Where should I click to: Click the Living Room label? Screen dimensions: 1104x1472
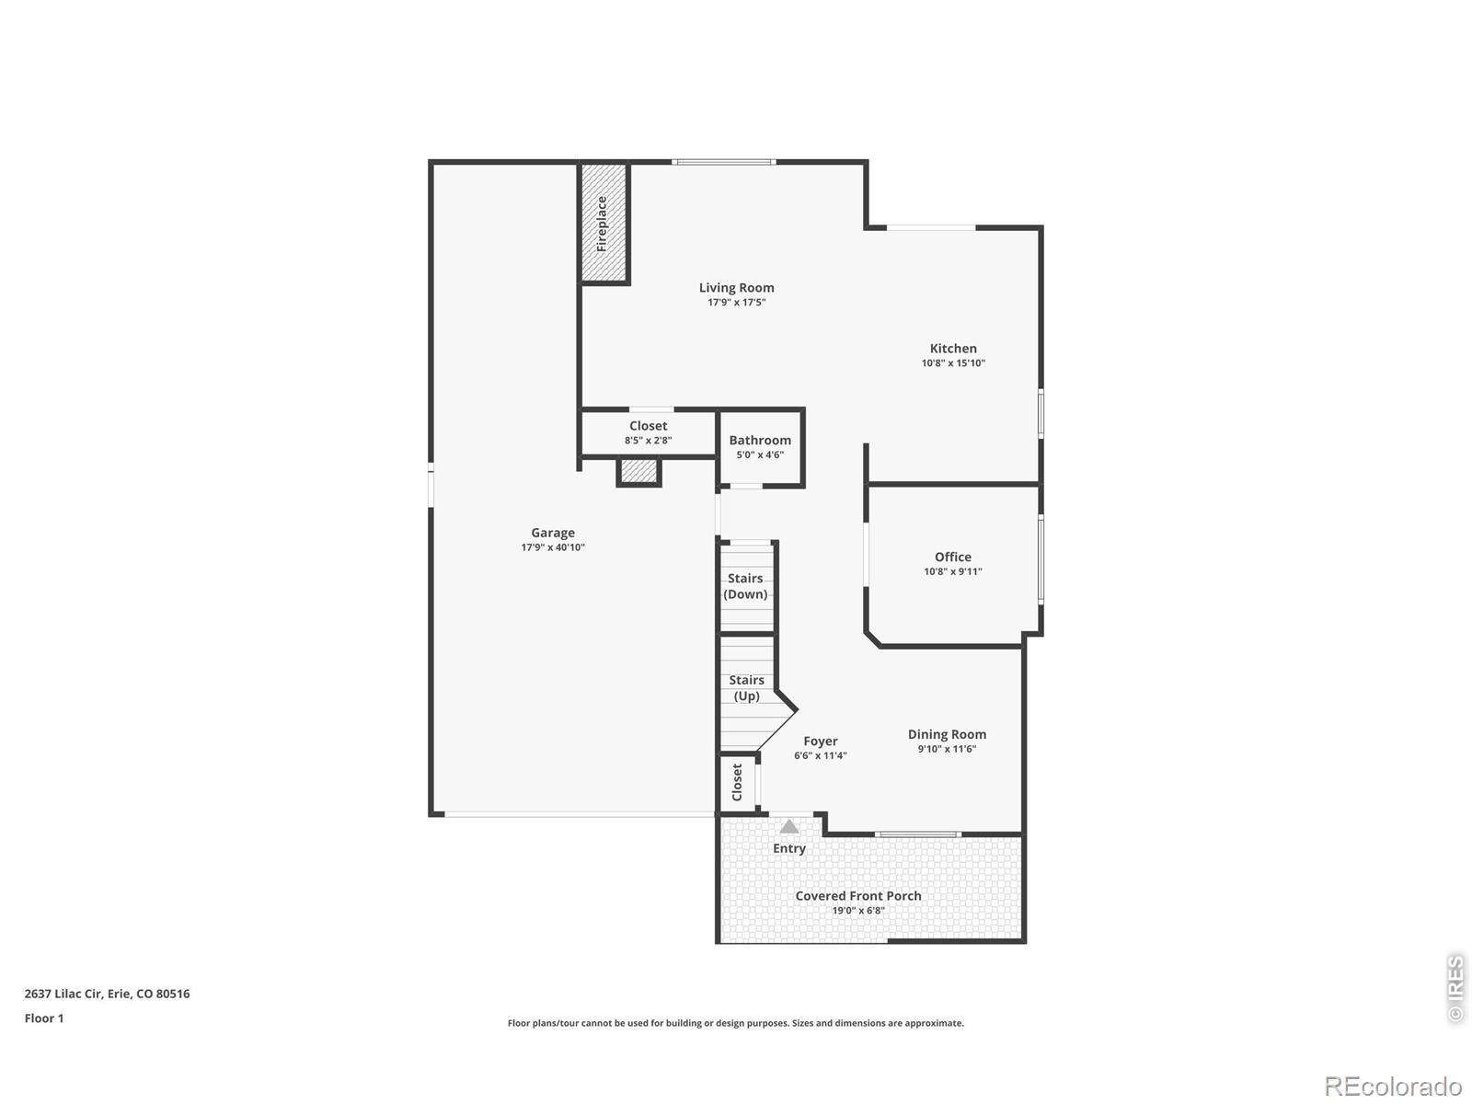pyautogui.click(x=736, y=288)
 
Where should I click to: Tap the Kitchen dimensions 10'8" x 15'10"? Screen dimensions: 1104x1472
pyautogui.click(x=953, y=363)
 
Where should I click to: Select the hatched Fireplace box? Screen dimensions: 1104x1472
pyautogui.click(x=604, y=223)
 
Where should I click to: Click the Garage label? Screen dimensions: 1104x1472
pyautogui.click(x=553, y=533)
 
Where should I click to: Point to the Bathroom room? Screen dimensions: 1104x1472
pyautogui.click(x=760, y=447)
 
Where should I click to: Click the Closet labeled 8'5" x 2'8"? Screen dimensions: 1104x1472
pyautogui.click(x=648, y=432)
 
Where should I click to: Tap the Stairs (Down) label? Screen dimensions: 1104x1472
pyautogui.click(x=745, y=586)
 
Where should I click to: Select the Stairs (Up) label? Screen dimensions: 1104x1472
pyautogui.click(x=746, y=688)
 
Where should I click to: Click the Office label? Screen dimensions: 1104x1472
pyautogui.click(x=953, y=557)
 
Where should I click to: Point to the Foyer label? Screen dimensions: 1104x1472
pyautogui.click(x=820, y=742)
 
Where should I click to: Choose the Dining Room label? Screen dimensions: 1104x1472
pyautogui.click(x=947, y=734)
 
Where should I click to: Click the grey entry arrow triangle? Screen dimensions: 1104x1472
pyautogui.click(x=789, y=826)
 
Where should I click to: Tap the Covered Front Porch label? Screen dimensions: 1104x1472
pyautogui.click(x=858, y=896)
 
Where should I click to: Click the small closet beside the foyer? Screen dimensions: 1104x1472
pyautogui.click(x=737, y=783)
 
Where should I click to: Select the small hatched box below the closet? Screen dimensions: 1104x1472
pyautogui.click(x=638, y=471)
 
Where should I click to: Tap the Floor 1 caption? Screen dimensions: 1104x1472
pyautogui.click(x=44, y=1018)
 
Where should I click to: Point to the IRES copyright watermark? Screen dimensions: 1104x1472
pyautogui.click(x=1455, y=989)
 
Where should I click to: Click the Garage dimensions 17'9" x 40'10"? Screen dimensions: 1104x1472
pyautogui.click(x=553, y=547)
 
